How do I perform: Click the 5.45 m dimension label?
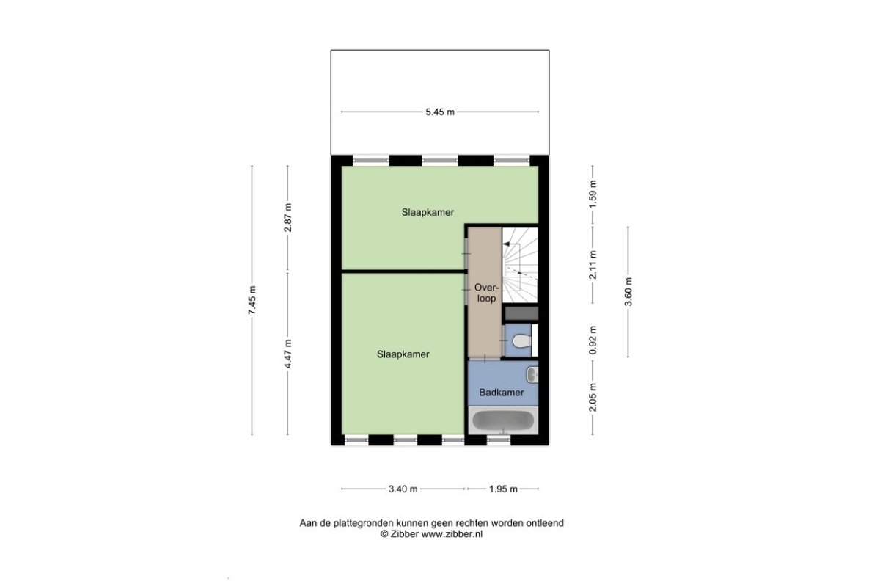(x=440, y=112)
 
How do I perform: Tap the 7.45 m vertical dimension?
(x=252, y=300)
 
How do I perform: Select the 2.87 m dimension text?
(x=288, y=217)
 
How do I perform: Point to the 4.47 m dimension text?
(x=288, y=354)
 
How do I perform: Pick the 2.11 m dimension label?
(x=593, y=265)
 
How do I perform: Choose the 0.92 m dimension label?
(x=593, y=340)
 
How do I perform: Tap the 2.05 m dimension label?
(x=593, y=398)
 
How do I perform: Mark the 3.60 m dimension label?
(x=628, y=292)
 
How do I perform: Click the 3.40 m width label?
(x=403, y=489)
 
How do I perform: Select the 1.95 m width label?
(x=503, y=489)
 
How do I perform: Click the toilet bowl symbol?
(x=522, y=341)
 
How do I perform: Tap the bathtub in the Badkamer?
(x=503, y=420)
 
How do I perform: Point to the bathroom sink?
(x=532, y=375)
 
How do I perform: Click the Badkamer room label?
(x=502, y=393)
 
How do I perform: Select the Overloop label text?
(x=486, y=293)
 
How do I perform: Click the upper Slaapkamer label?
(x=428, y=212)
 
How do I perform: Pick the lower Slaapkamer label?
(x=403, y=354)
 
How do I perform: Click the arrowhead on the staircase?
(x=507, y=244)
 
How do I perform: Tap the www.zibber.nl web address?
(x=452, y=534)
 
